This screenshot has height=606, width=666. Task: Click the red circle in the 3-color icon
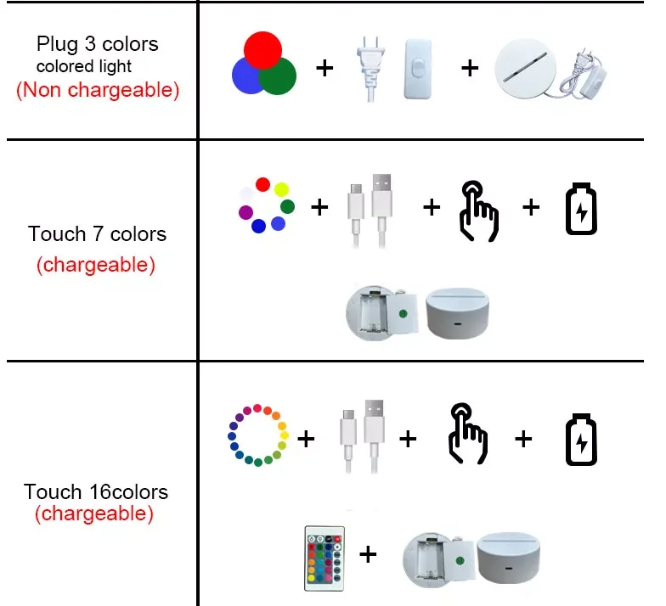pyautogui.click(x=263, y=48)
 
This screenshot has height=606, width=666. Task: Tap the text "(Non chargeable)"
pyautogui.click(x=98, y=90)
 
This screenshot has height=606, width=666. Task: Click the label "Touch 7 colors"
pyautogui.click(x=97, y=233)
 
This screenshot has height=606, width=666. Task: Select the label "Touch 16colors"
pyautogui.click(x=96, y=491)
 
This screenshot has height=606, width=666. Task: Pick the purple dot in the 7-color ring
pyautogui.click(x=246, y=211)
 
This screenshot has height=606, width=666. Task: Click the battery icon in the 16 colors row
pyautogui.click(x=582, y=439)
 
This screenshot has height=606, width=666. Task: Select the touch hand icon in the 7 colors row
pyautogui.click(x=478, y=210)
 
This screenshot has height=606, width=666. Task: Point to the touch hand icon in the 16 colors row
pyautogui.click(x=467, y=435)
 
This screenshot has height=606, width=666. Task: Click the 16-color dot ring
pyautogui.click(x=258, y=435)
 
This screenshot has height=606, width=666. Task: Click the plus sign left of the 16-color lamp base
pyautogui.click(x=368, y=555)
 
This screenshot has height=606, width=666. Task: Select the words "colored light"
pyautogui.click(x=83, y=66)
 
